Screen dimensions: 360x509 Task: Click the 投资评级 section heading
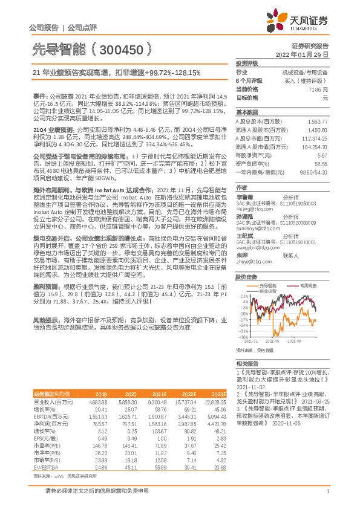pos(247,63)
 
